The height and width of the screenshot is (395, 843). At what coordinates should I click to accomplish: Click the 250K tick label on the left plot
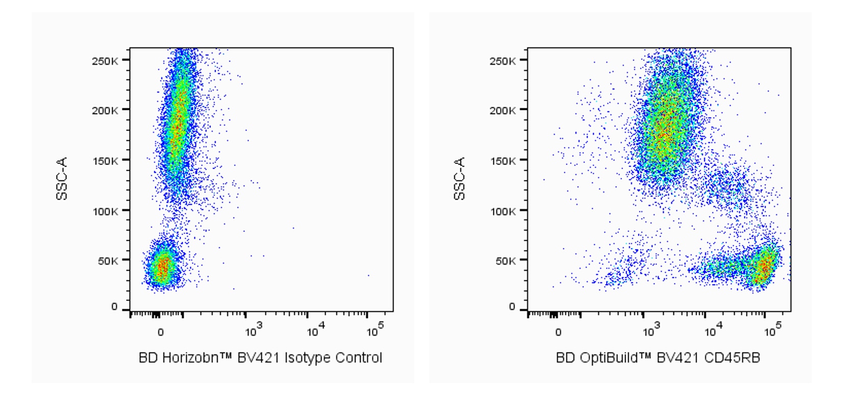click(x=105, y=61)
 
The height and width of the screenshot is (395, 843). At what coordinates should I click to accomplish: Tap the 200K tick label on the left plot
click(x=105, y=110)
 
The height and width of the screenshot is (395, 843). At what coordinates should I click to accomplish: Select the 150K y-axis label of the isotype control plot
click(x=105, y=161)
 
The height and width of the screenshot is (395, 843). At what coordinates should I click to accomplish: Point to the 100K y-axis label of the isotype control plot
click(x=105, y=211)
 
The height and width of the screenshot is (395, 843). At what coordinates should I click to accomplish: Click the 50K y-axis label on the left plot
click(x=108, y=261)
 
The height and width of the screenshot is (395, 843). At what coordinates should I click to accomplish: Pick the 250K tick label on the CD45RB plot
click(x=503, y=61)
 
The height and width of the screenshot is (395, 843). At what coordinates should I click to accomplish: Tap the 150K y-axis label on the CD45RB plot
click(x=503, y=161)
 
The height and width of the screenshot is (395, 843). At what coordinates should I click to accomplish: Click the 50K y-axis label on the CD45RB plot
click(x=505, y=261)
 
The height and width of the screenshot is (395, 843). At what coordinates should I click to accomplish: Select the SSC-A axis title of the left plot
click(x=62, y=178)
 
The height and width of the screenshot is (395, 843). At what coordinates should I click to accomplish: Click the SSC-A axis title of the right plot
click(x=459, y=178)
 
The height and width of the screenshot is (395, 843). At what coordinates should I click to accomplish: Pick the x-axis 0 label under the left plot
click(x=161, y=333)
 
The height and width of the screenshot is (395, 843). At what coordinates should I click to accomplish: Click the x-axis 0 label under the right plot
click(x=558, y=333)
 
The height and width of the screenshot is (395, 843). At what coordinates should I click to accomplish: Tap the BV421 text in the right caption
click(x=677, y=358)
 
